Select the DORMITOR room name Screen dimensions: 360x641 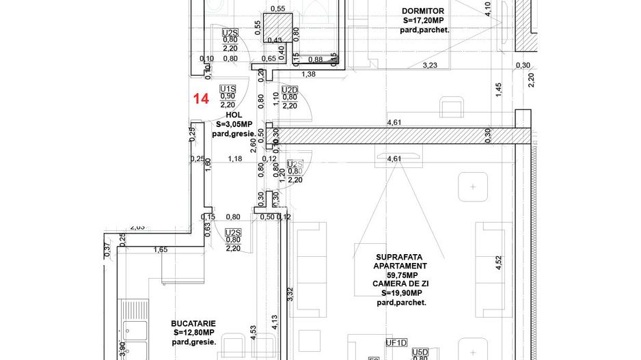[x=424, y=11]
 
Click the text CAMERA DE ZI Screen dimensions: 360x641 [x=400, y=283]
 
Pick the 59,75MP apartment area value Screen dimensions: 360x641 [x=400, y=275]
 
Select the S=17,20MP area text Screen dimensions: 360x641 [x=424, y=20]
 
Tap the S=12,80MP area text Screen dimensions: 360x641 [x=193, y=333]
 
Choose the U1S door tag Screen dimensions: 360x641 [x=228, y=89]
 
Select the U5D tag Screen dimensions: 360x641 [x=420, y=352]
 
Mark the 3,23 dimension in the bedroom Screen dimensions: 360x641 [x=431, y=66]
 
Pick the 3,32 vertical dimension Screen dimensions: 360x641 [x=290, y=294]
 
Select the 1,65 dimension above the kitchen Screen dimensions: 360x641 [x=161, y=250]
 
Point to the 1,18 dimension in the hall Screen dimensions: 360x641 [x=235, y=159]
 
